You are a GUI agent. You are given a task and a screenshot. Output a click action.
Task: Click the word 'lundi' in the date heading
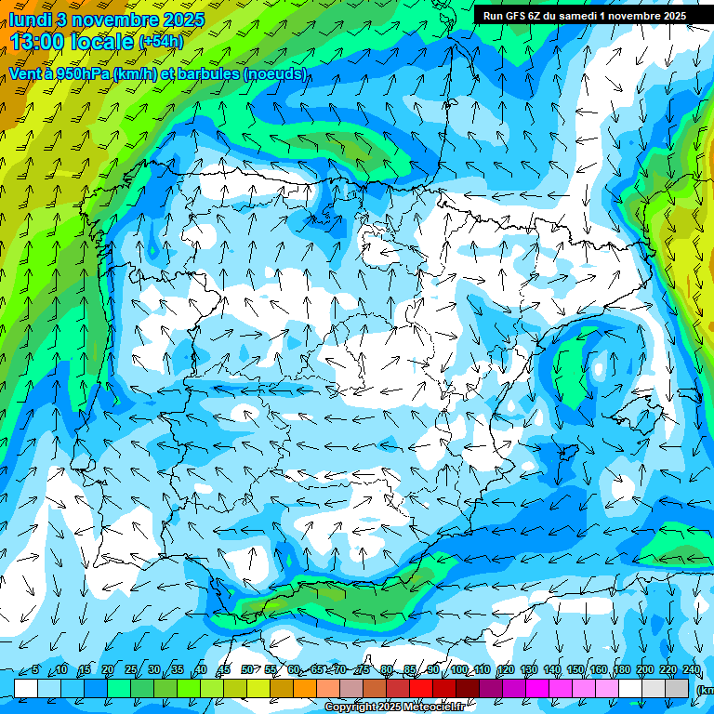[31, 20]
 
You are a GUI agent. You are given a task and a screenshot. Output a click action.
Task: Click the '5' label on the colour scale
[35, 669]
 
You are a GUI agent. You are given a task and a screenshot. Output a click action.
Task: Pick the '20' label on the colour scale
[108, 669]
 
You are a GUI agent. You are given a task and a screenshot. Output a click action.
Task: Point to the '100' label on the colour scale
[459, 669]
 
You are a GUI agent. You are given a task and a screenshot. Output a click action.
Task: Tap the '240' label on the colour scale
[692, 669]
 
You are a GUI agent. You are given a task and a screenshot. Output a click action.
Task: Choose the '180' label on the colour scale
[622, 669]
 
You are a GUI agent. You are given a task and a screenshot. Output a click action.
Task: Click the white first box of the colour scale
[26, 687]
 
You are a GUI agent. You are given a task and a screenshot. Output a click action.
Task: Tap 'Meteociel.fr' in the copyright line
[434, 707]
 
